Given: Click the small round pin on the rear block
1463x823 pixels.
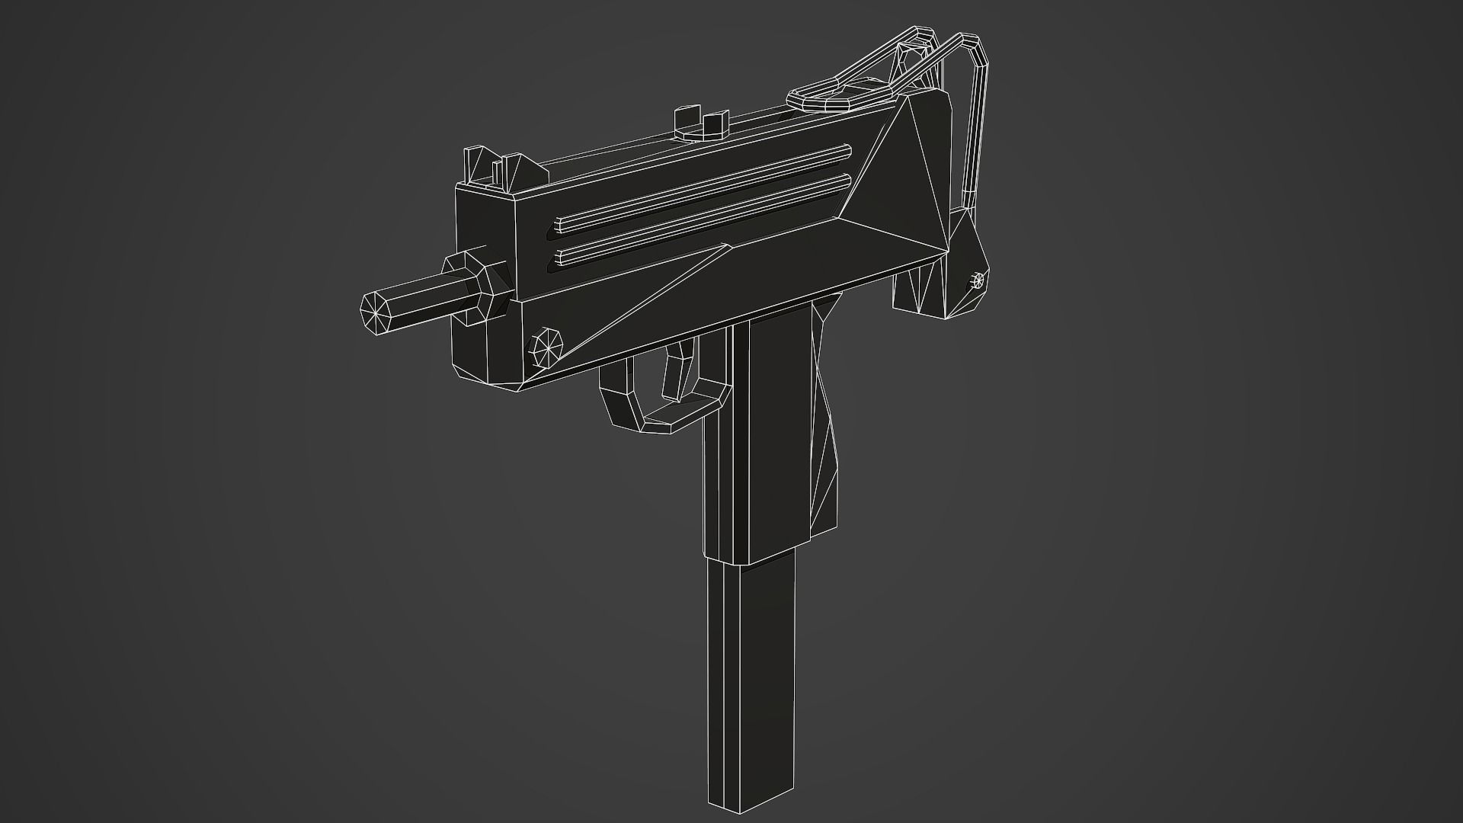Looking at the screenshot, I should [x=979, y=281].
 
